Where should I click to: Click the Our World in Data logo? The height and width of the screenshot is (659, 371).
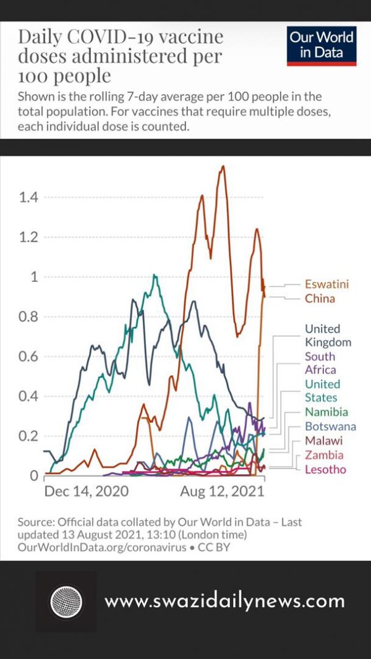[322, 46]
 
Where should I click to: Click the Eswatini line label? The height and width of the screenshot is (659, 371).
[326, 284]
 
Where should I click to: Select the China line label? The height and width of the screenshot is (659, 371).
[320, 299]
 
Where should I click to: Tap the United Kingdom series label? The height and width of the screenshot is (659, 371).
[328, 336]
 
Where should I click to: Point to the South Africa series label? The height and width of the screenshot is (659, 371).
[320, 363]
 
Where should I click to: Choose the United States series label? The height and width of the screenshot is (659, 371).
[322, 391]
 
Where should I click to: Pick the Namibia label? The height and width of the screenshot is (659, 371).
[326, 412]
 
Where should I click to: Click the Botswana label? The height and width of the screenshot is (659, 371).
[330, 427]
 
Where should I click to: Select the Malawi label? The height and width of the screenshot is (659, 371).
[323, 441]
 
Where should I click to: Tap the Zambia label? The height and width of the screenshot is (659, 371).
[323, 456]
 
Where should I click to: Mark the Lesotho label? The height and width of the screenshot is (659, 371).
[325, 470]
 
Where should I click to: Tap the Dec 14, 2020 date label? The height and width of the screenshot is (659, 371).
[87, 492]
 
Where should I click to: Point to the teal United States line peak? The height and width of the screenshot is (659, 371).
[155, 276]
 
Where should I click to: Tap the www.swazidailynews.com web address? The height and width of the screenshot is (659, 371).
[224, 601]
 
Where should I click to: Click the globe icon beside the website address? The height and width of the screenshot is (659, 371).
[66, 601]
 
